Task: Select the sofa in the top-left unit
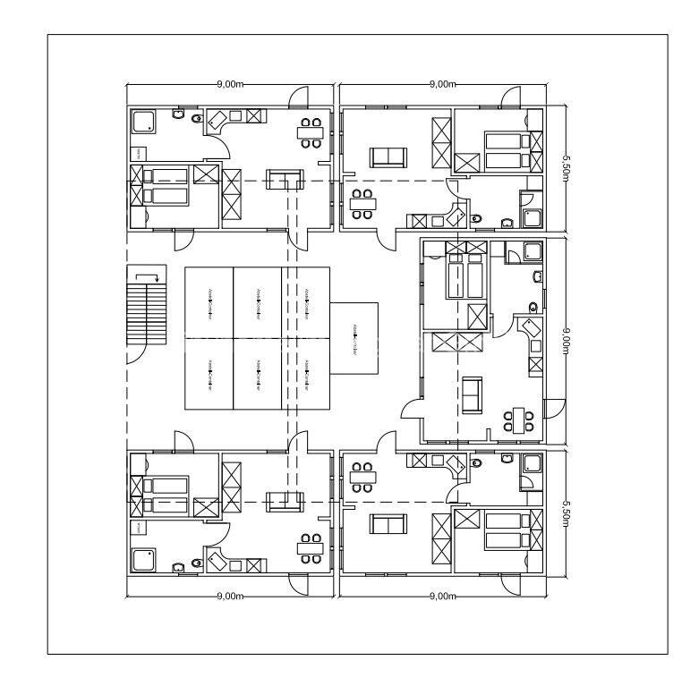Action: pyautogui.click(x=287, y=178)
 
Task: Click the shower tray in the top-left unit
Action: pyautogui.click(x=144, y=123)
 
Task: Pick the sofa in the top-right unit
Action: pyautogui.click(x=388, y=157)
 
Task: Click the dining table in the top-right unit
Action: pyautogui.click(x=362, y=204)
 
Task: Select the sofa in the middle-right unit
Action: pyautogui.click(x=472, y=395)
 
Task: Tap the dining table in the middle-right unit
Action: pyautogui.click(x=519, y=419)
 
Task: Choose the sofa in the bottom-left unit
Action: pyautogui.click(x=286, y=502)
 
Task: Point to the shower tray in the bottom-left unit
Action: pyautogui.click(x=144, y=560)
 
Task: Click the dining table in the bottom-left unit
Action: pyautogui.click(x=311, y=547)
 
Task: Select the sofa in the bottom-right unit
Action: pyautogui.click(x=388, y=525)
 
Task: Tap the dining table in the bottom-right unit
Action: pyautogui.click(x=362, y=477)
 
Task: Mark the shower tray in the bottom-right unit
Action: pyautogui.click(x=533, y=463)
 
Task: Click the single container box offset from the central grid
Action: pyautogui.click(x=354, y=339)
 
